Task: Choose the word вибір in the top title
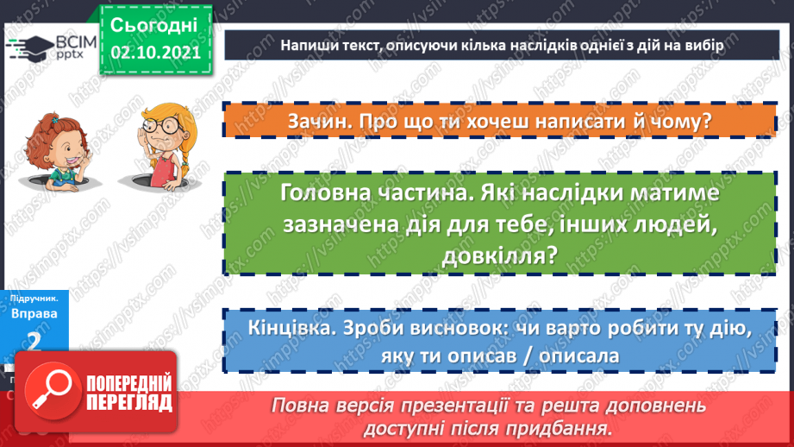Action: pyautogui.click(x=725, y=45)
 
